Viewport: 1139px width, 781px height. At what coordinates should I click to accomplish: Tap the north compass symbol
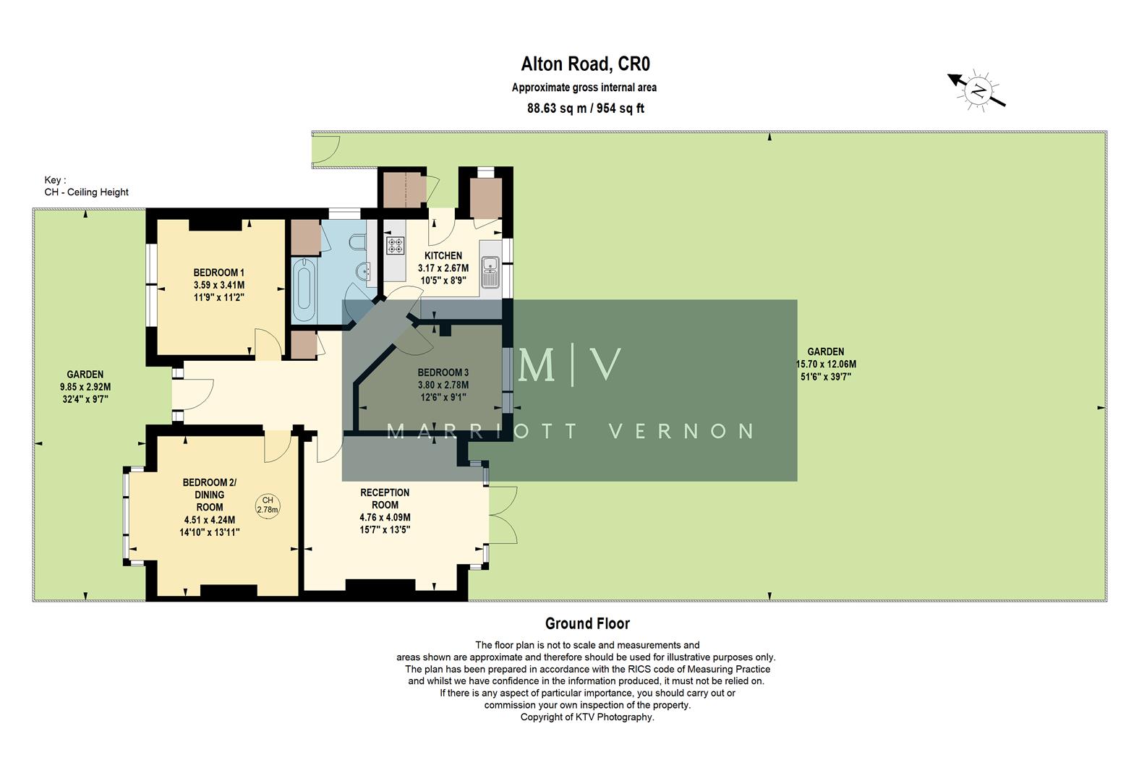978,91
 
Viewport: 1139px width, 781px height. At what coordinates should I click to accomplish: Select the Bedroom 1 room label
218,273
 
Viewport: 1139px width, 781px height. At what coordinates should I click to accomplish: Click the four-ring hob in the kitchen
395,245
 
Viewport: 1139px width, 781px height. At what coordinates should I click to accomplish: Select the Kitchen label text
443,255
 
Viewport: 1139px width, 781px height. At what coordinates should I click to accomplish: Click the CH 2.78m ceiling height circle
268,505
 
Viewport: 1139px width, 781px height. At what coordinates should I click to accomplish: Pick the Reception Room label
385,498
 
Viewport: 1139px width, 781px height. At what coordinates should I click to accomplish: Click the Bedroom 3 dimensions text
443,390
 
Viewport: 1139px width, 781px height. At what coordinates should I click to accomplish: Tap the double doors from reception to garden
503,515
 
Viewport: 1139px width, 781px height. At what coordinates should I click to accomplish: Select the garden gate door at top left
326,150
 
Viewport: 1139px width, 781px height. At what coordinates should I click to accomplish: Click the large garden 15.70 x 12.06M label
825,364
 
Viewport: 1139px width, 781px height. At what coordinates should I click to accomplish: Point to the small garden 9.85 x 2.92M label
85,387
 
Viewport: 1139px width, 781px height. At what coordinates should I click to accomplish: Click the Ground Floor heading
586,623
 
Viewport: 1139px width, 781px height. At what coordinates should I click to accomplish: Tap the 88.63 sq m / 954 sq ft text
585,108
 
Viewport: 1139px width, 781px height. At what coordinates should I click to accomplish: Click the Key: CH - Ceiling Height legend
86,187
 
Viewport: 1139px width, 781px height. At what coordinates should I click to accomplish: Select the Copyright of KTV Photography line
586,717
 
